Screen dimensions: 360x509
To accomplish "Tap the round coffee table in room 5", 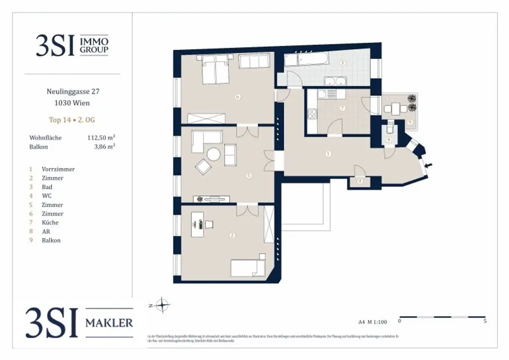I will pos(213,154).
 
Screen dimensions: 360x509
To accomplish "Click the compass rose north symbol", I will pos(163,305).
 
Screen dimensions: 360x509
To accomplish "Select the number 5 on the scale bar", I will pos(485,321).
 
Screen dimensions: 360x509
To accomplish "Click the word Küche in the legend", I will pos(50,223).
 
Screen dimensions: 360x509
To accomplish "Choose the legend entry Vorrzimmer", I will pos(58,169).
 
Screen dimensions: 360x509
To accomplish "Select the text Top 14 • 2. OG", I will pos(72,120).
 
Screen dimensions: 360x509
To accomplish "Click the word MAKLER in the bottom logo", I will pos(109,323).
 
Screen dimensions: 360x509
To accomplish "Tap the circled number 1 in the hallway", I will pos(328,154).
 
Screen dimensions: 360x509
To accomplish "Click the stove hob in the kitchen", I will pos(313,114).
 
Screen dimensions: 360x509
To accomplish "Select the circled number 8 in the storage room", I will pos(360,181).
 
